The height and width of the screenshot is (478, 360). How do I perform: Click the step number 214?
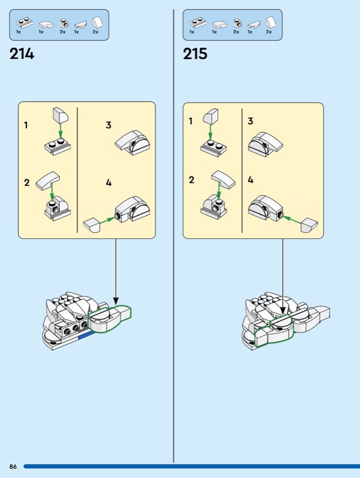[x=22, y=54]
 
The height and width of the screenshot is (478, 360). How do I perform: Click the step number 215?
[x=195, y=54]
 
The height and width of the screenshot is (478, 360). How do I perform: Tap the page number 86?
[x=13, y=467]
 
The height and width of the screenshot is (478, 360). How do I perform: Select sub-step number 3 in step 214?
[x=109, y=125]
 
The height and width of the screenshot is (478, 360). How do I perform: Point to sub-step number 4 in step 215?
[x=251, y=180]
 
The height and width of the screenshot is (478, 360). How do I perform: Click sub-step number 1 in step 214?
[x=26, y=125]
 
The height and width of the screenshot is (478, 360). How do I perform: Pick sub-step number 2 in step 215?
[x=191, y=180]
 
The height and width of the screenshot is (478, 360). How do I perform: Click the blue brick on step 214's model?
[x=86, y=335]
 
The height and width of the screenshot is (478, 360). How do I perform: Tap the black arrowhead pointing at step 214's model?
[x=115, y=301]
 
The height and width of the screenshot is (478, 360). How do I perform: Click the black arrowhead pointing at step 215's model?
[x=283, y=310]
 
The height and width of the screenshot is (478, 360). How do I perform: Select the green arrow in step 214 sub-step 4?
[x=107, y=220]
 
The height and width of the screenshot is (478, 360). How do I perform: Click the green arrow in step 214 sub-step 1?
[x=60, y=131]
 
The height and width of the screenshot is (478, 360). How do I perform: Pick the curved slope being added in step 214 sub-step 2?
[x=48, y=181]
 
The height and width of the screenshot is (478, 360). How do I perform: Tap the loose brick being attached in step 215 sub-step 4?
[x=309, y=225]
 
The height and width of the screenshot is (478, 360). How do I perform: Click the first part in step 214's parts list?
[x=25, y=23]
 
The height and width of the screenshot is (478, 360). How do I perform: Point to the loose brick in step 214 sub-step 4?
[x=91, y=225]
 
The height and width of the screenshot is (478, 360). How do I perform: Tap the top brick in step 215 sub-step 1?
[x=211, y=116]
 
